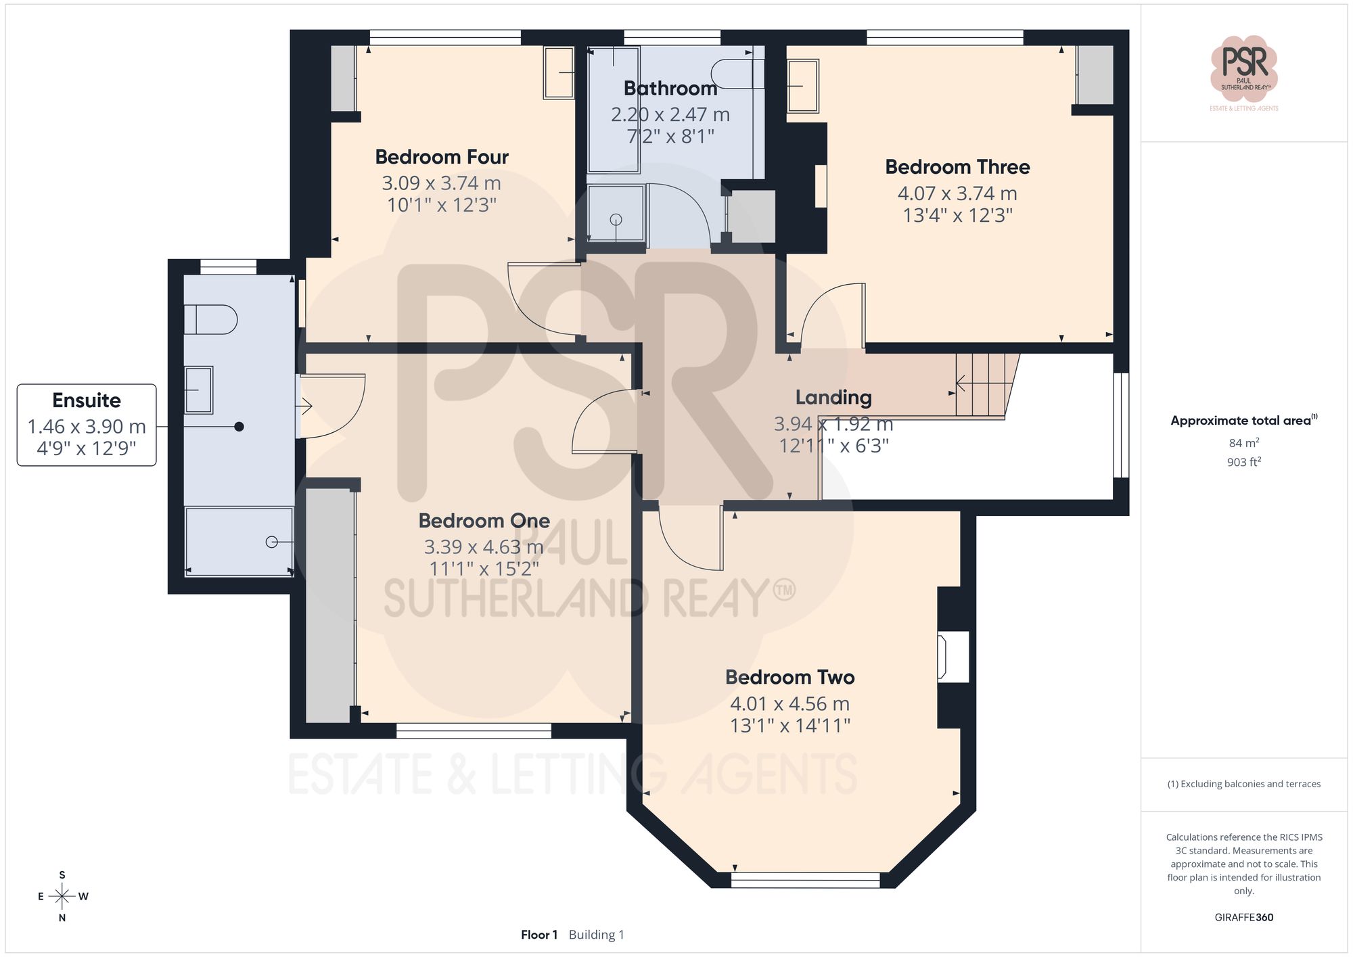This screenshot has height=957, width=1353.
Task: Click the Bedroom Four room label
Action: point(441,157)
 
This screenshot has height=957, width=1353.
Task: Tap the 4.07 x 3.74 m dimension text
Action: point(957,193)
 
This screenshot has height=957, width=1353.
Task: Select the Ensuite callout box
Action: point(87,425)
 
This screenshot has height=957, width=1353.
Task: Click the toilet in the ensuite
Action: point(210,320)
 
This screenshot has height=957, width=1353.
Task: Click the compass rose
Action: point(62,897)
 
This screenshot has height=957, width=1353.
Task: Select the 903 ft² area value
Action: point(1243,462)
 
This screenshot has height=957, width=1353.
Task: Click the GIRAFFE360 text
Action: point(1243,917)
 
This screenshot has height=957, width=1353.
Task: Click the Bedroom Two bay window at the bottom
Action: point(805,880)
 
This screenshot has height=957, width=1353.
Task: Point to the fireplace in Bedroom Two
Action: point(953,656)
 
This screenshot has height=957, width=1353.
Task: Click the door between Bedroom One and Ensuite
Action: point(331,406)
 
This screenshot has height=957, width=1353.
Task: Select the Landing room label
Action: point(833,398)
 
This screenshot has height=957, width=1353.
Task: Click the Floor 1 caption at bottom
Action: point(539,935)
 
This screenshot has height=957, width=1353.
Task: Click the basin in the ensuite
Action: point(199,390)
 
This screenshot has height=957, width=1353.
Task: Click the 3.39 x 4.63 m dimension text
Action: point(483,546)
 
